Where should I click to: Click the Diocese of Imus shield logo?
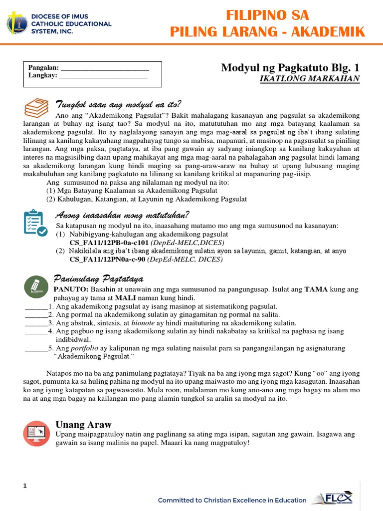pos(17,24)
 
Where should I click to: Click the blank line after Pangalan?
pos(104,68)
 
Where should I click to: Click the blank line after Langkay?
pos(103,76)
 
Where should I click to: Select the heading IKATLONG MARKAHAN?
pos(310,79)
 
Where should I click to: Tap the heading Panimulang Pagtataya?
pos(98,278)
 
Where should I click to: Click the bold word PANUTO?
pos(70,289)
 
